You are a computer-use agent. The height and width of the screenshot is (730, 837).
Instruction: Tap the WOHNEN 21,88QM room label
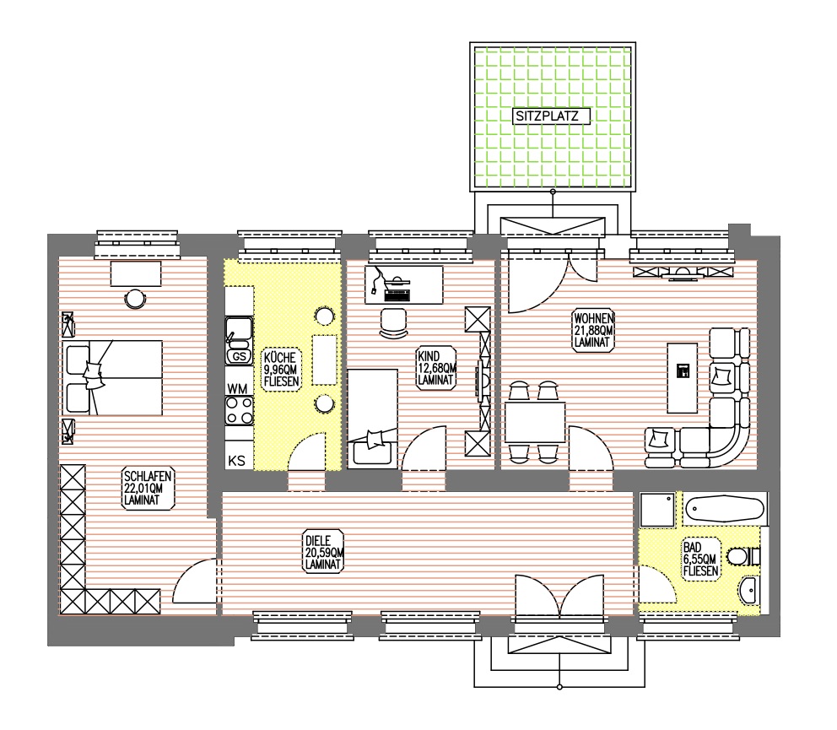593,330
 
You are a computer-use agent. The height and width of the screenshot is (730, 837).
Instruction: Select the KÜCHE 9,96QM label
281,369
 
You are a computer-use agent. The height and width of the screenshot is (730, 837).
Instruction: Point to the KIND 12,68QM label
436,367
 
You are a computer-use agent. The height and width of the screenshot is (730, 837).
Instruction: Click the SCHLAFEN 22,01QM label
148,488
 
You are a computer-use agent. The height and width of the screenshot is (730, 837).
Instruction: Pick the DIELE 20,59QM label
324,552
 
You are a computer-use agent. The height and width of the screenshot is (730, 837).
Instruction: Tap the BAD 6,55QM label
701,559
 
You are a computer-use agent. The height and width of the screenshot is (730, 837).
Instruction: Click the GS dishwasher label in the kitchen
239,356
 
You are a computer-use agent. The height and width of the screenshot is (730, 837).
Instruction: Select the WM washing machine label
238,389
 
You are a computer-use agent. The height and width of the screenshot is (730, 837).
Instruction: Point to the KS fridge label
236,460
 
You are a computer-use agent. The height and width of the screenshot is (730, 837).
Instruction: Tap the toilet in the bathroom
743,557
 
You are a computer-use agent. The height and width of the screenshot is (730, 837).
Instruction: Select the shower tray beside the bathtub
657,510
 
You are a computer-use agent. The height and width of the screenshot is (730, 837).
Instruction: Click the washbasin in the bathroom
749,590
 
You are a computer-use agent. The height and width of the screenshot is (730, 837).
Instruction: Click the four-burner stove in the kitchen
239,410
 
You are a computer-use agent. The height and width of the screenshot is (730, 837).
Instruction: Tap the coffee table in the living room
683,377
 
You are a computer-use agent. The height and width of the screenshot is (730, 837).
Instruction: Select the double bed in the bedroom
112,378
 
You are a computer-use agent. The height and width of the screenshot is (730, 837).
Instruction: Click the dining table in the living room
535,422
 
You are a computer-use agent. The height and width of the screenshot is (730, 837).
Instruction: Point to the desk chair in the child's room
393,322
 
